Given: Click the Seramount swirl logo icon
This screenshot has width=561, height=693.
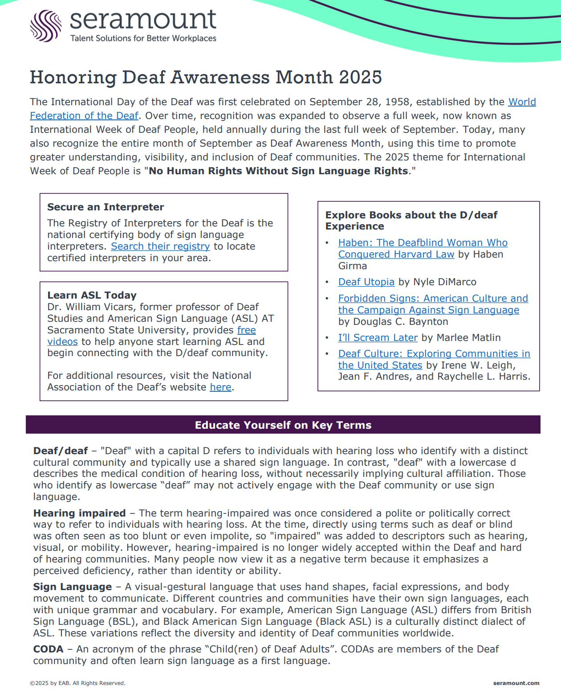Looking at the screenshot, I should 45,26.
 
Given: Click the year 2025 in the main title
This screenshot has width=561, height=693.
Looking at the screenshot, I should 360,77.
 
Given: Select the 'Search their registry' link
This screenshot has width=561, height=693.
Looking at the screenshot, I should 160,246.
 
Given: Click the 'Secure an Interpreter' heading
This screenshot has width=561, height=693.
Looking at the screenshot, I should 106,207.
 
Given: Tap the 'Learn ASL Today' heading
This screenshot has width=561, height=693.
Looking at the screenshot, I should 92,295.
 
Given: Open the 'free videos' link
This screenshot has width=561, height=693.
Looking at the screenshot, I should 246,330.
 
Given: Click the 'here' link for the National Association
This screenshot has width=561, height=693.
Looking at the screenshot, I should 220,387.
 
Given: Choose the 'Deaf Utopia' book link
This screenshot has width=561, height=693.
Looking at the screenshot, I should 366,282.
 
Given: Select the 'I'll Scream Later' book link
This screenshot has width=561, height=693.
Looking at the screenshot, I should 378,338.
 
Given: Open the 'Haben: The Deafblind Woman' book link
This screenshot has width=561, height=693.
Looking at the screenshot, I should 423,243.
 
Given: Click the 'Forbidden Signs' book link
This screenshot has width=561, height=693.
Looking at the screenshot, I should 433,299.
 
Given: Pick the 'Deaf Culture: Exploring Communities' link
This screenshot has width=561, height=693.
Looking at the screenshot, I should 434,354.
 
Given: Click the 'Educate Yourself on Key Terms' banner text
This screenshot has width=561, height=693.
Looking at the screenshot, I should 283,425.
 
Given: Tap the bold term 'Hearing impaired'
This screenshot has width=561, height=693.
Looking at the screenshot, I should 79,513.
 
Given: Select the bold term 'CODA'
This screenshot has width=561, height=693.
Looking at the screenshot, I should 48,649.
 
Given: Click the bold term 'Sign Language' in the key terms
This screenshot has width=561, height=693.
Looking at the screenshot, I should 73,587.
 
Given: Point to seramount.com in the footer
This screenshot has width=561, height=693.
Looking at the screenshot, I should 516,683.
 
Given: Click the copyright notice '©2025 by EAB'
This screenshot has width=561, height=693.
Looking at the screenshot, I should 77,683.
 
